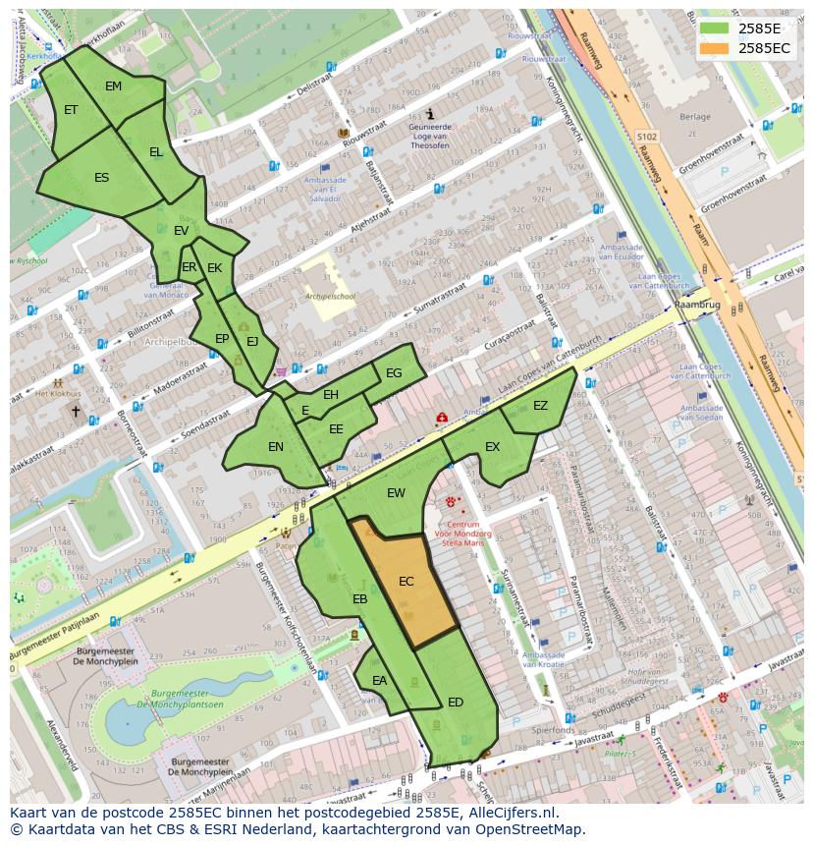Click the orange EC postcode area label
tap(406, 582)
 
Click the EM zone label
tap(113, 86)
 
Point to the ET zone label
tap(71, 110)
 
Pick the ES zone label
tap(101, 178)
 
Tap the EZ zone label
tap(540, 406)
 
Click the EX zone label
tap(492, 447)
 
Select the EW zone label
tap(396, 493)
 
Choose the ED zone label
tap(456, 703)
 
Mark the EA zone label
tap(379, 680)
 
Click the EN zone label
tap(276, 447)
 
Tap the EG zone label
tap(394, 373)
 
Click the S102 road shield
tap(646, 137)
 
